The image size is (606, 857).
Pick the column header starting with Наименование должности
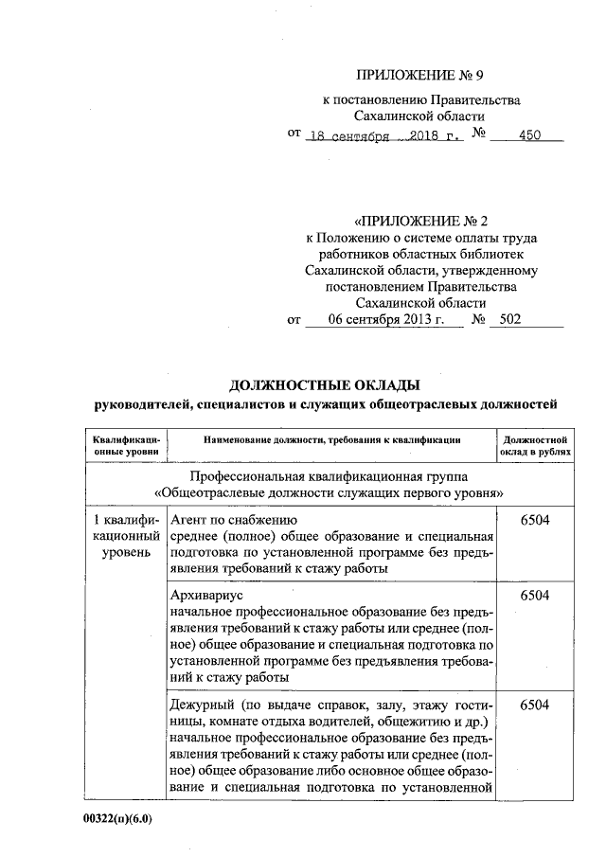(x=330, y=438)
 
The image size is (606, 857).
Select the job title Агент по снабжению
(x=233, y=519)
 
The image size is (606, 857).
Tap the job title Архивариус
(x=205, y=597)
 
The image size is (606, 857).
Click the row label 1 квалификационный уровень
(x=127, y=535)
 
